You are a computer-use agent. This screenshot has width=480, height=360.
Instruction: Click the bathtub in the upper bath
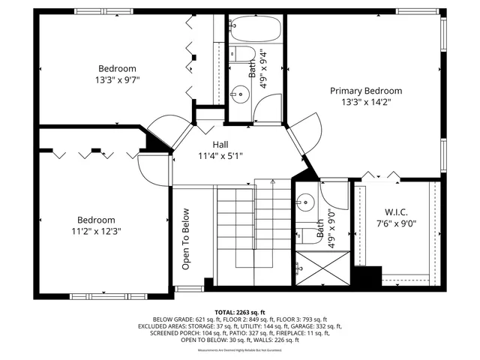(x=255, y=31)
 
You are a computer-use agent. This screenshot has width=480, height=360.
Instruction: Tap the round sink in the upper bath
(x=240, y=94)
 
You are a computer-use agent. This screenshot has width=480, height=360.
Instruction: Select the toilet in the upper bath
(x=241, y=55)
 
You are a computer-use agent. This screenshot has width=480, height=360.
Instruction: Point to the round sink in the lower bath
(x=305, y=201)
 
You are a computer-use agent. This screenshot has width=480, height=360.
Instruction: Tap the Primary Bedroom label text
(x=366, y=91)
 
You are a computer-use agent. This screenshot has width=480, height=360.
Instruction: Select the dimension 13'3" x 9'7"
(x=118, y=79)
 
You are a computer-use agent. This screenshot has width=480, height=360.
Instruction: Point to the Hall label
(x=220, y=145)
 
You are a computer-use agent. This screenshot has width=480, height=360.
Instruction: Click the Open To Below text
(x=185, y=239)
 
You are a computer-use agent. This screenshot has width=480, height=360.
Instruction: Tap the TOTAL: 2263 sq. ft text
(x=240, y=312)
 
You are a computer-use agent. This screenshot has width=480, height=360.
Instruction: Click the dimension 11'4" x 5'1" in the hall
(x=220, y=156)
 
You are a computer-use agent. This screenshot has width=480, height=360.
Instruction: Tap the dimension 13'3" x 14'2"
(x=366, y=102)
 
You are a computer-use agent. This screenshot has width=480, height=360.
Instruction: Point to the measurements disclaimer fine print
(x=240, y=350)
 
